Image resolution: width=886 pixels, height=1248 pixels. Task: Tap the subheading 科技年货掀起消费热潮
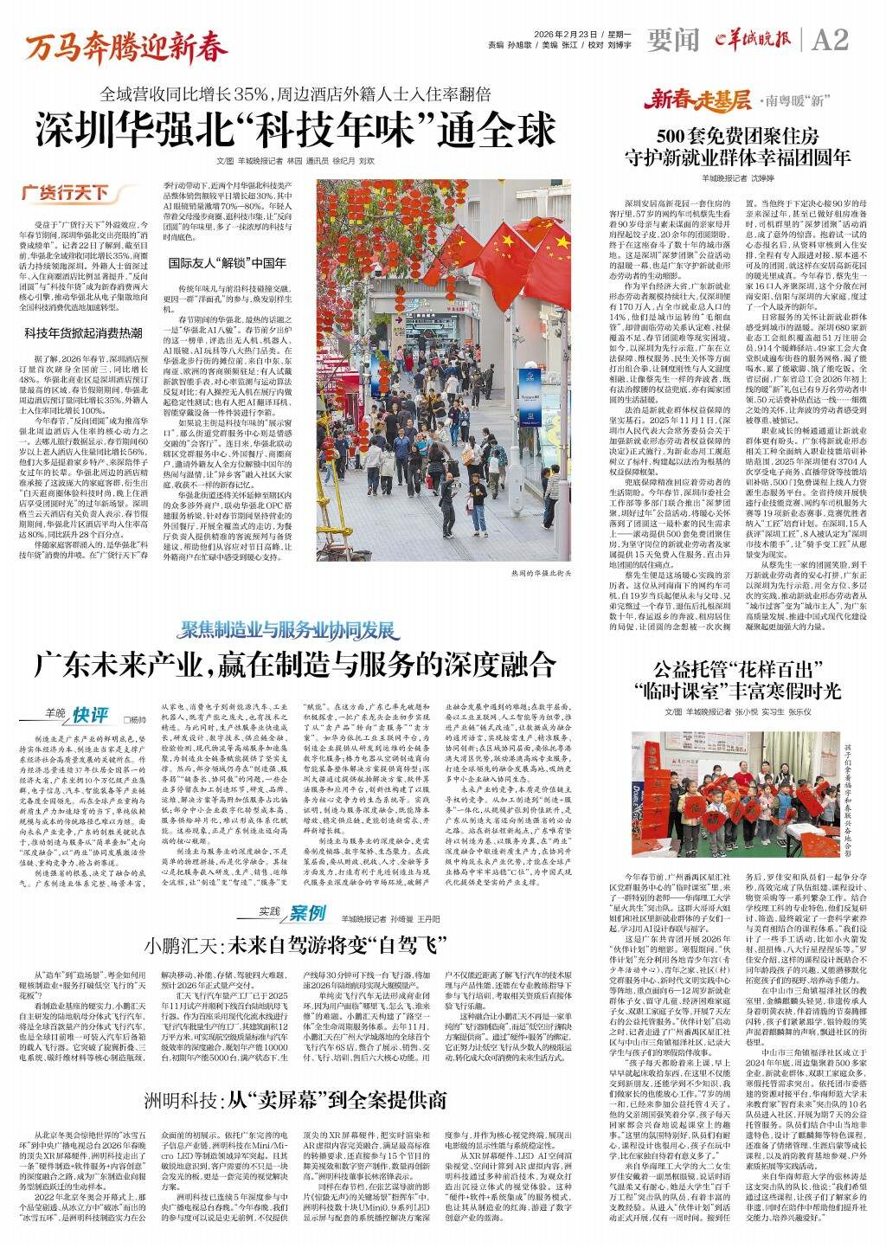82,332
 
